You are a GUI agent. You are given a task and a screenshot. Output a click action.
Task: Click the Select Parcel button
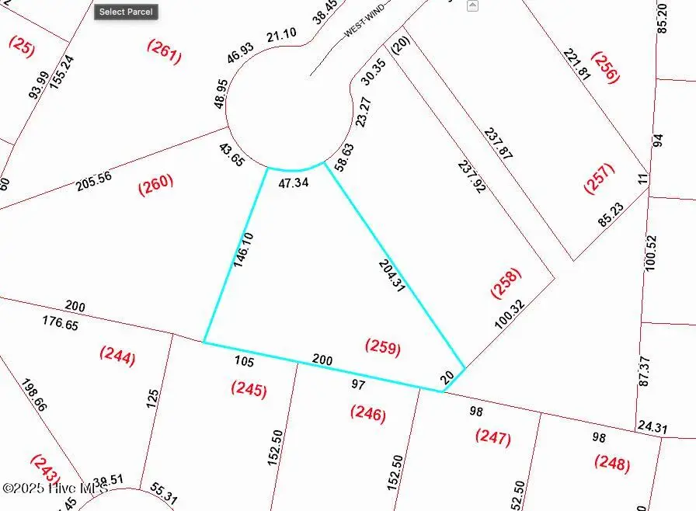coord(126,12)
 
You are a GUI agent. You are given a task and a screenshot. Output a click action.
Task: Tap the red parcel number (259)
coord(382,348)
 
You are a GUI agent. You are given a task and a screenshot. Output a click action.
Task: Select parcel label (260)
coord(155,185)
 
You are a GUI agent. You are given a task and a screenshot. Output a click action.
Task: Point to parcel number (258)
coord(506,283)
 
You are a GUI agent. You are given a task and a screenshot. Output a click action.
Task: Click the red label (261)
coord(165,51)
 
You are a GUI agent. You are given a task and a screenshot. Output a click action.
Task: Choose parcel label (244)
coord(117,356)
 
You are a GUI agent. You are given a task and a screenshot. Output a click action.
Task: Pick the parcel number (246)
coord(367,413)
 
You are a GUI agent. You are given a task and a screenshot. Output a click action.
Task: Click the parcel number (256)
coord(605,67)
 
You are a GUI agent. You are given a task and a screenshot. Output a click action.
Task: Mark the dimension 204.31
coord(391,276)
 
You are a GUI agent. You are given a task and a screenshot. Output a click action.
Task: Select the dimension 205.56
coord(94,182)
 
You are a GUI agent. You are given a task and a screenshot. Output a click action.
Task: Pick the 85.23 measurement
coord(611,214)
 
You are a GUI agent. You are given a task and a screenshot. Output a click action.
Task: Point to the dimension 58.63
coord(343,157)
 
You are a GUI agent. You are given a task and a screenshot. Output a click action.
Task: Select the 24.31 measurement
coord(651,426)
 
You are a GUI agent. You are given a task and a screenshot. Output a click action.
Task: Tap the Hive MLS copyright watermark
coord(54,488)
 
